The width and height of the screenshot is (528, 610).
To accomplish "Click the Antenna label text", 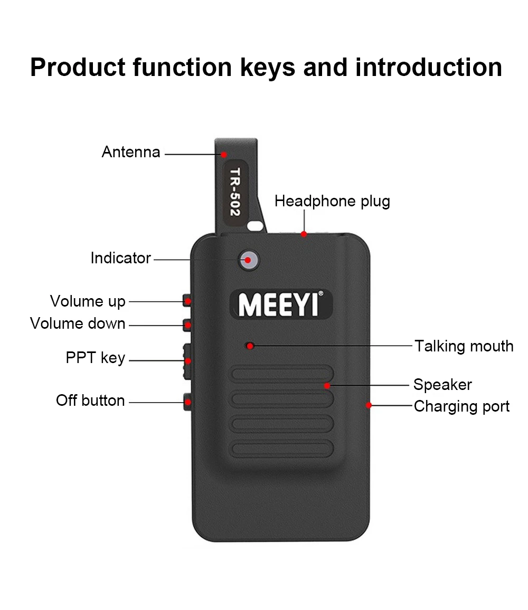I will pyautogui.click(x=131, y=152).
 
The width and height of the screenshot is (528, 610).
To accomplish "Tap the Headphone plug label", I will pyautogui.click(x=332, y=201).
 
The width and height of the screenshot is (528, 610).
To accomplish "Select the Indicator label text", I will pyautogui.click(x=120, y=258).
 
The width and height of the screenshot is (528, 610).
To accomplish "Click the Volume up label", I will pyautogui.click(x=88, y=301).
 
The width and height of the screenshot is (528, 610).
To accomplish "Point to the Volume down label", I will pyautogui.click(x=78, y=323).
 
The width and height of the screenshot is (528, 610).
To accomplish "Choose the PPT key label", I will pyautogui.click(x=95, y=358).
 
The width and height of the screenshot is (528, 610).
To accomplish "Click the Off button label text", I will pyautogui.click(x=90, y=401).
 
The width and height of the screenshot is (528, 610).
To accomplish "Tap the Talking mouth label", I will pyautogui.click(x=464, y=346).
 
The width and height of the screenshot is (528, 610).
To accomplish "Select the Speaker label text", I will pyautogui.click(x=442, y=385).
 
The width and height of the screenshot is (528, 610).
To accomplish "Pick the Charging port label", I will pyautogui.click(x=461, y=406).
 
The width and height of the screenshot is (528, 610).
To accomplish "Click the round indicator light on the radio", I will pyautogui.click(x=248, y=260).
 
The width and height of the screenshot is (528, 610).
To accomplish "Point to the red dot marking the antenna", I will pyautogui.click(x=224, y=155).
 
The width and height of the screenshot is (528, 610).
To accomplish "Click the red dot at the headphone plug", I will pyautogui.click(x=304, y=234).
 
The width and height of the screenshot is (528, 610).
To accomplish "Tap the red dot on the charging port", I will pyautogui.click(x=369, y=405).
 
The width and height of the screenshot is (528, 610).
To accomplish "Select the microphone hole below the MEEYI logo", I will pyautogui.click(x=250, y=346).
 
